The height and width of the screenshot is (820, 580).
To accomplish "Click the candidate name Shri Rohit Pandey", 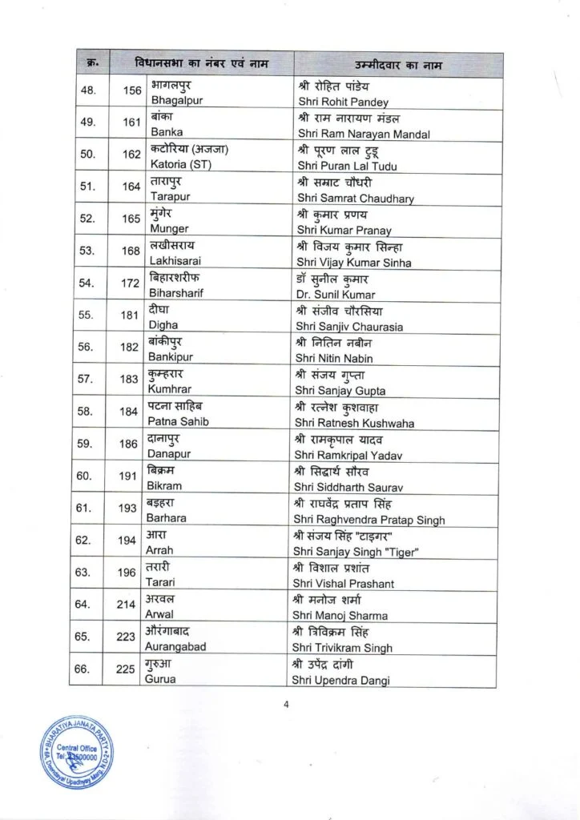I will click(343, 102).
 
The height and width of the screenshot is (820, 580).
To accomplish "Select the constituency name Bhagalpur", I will click(174, 102).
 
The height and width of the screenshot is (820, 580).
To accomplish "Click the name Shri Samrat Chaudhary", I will click(356, 199).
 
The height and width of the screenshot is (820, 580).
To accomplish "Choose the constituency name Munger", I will click(169, 228).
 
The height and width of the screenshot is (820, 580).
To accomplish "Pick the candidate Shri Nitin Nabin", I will click(335, 358).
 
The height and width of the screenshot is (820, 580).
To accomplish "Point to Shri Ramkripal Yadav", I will click(349, 455).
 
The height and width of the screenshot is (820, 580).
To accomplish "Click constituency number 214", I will click(126, 605).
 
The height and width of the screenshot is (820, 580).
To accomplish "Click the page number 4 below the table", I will click(286, 705).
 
